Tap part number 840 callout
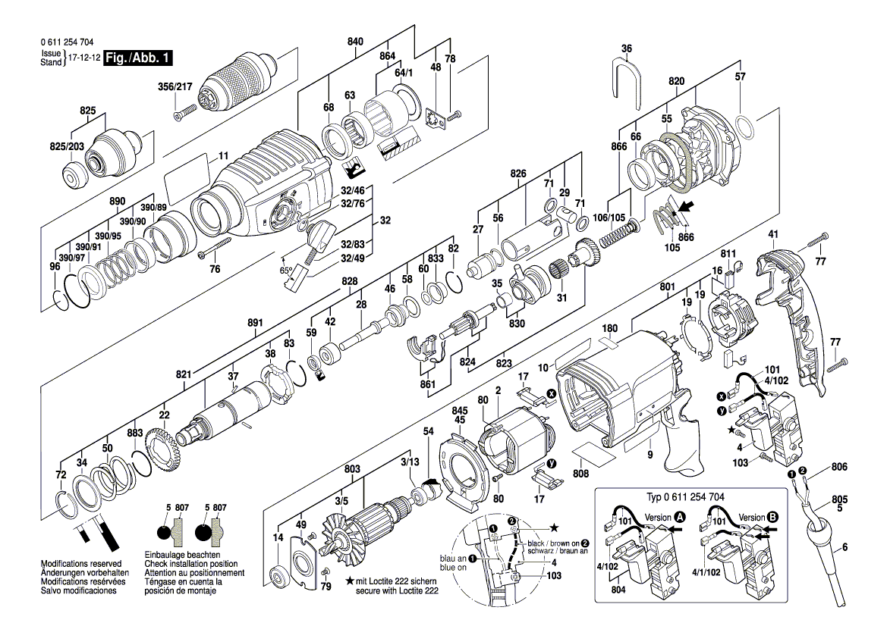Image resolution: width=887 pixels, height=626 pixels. [355, 42]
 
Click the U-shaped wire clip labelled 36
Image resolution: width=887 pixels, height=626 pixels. [627, 77]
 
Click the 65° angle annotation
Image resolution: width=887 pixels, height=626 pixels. [287, 270]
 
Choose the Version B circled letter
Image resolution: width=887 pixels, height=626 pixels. [773, 517]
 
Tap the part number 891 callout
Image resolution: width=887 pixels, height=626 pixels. [255, 323]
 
